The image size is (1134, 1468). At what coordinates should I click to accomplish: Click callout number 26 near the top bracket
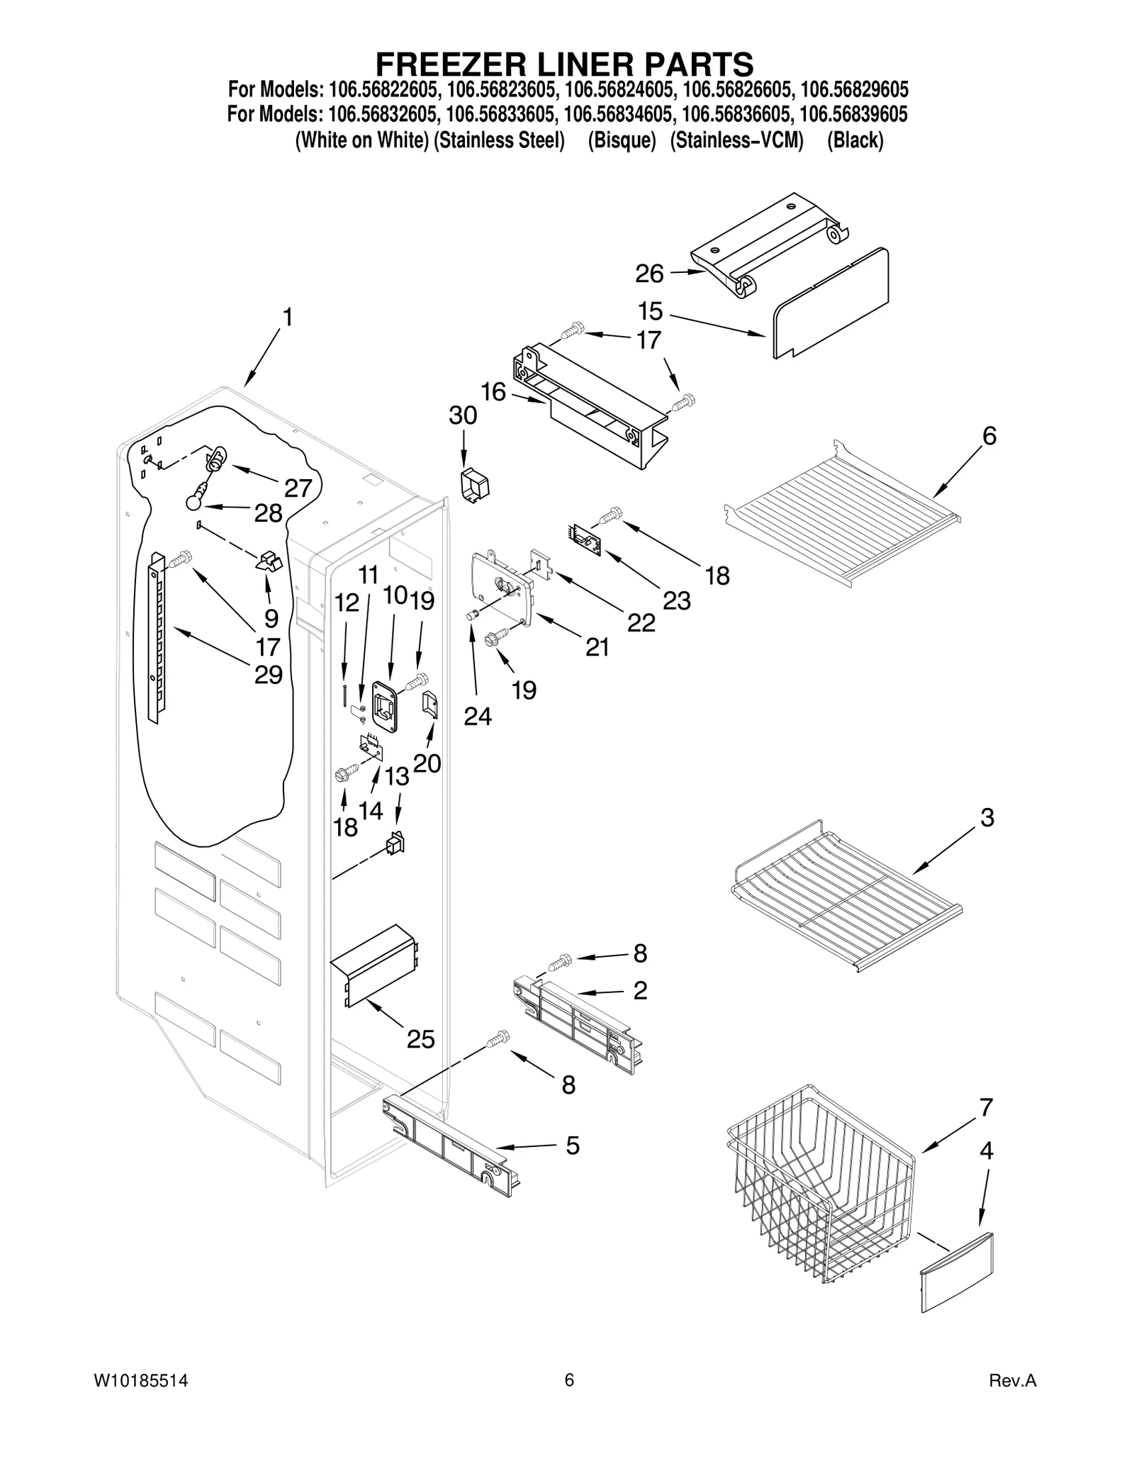tap(649, 274)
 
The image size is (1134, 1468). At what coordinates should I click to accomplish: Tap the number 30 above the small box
tap(463, 415)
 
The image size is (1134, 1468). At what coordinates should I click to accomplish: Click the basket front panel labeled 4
tap(957, 1272)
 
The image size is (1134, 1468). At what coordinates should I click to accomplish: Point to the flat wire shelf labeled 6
tap(843, 507)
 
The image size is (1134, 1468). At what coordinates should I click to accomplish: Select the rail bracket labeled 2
tap(578, 1021)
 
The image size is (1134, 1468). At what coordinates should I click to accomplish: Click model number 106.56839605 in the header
tap(853, 114)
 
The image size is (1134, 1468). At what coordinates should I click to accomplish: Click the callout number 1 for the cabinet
tap(286, 318)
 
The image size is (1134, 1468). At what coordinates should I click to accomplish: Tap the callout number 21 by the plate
tap(597, 647)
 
